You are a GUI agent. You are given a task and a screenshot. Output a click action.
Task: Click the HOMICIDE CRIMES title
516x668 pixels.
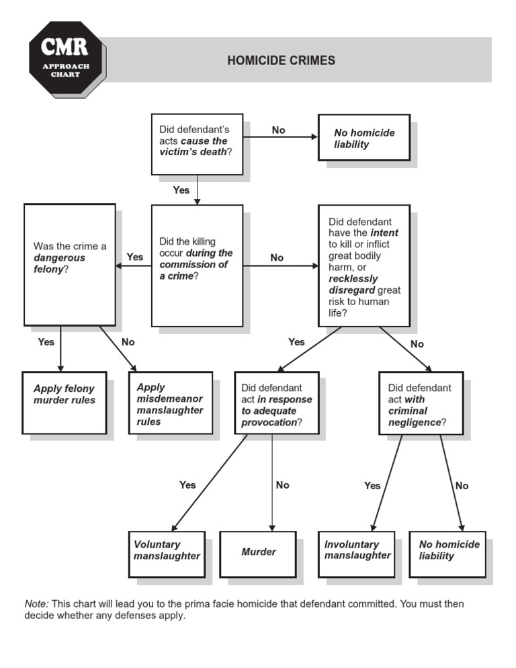pos(281,60)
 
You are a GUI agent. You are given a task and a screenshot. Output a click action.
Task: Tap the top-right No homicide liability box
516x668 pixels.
pos(363,138)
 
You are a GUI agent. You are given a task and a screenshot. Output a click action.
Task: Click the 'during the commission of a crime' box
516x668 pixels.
pos(197,265)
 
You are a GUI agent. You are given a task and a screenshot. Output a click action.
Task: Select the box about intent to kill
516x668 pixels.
pos(363,265)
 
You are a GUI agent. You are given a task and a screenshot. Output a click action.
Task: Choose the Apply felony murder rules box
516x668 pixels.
pos(64,403)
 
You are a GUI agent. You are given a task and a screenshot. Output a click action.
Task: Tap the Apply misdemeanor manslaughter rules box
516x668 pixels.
pos(171,403)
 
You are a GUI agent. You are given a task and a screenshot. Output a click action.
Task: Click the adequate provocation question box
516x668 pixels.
pos(276,403)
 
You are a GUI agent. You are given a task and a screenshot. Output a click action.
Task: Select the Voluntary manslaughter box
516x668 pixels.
pos(167,554)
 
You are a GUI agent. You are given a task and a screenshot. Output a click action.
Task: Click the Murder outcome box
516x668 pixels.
pos(259,554)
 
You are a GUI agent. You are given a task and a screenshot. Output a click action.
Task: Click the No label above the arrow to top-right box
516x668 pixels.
pos(279,130)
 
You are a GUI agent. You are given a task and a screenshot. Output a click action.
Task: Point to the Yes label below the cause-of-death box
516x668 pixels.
pos(181,190)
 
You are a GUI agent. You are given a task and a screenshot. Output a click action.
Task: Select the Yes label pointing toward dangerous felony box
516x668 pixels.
pos(135,257)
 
